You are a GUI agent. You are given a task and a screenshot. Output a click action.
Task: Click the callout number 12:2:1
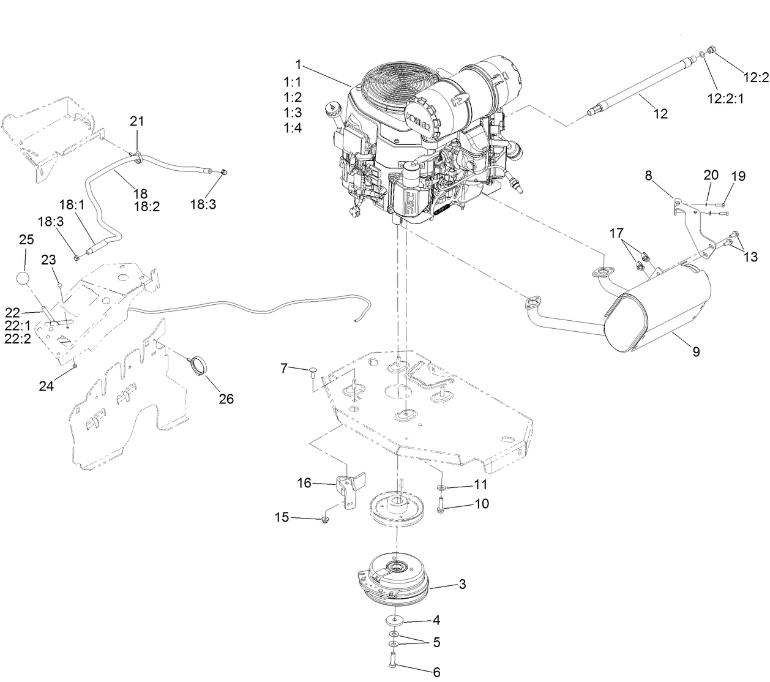tap(725, 98)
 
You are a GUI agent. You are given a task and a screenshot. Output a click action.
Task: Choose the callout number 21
tap(136, 121)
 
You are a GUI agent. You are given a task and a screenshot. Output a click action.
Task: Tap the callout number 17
tap(616, 233)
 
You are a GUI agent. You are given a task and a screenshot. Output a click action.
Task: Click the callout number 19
tap(738, 176)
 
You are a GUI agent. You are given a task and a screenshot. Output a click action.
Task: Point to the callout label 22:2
tap(17, 339)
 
